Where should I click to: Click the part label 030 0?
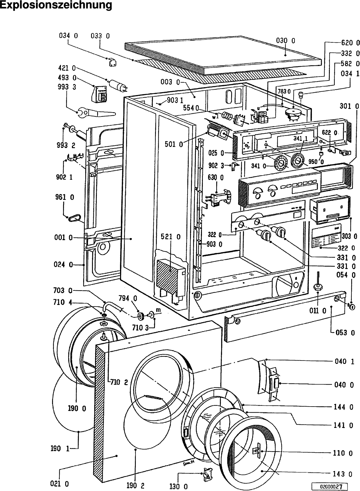pos(285,41)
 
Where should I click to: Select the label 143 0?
pos(342,474)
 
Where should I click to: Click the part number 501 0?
pos(174,144)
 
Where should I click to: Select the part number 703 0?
pos(63,290)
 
